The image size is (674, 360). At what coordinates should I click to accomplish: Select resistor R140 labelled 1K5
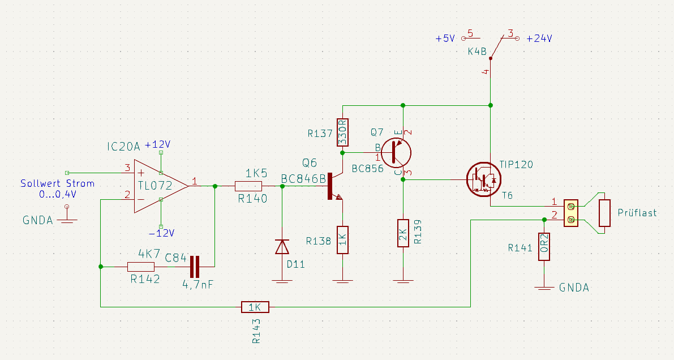(248, 186)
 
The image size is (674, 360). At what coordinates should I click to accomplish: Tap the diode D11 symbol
(282, 247)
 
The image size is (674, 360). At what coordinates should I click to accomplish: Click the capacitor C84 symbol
(195, 266)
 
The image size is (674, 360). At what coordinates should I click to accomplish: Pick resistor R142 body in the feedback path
(141, 267)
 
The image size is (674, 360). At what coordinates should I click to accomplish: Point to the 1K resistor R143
(255, 307)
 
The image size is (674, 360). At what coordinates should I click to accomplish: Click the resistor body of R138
(342, 239)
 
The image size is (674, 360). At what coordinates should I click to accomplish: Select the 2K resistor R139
(403, 233)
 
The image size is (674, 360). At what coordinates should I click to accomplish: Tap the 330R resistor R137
(342, 132)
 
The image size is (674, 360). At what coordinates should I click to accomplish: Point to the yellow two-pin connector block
(571, 213)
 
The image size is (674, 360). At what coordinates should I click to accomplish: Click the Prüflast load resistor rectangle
(604, 213)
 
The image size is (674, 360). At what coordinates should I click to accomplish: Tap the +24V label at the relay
(539, 38)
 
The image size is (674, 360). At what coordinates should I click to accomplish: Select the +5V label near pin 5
(445, 38)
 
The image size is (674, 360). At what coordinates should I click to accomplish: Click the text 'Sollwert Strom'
(57, 183)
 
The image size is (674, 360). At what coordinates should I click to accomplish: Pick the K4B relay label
(476, 52)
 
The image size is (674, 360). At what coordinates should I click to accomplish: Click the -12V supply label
(162, 233)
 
